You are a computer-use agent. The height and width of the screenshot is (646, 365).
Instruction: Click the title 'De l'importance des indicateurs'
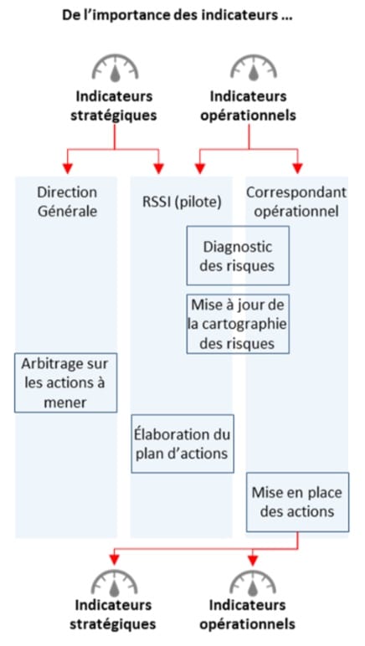click(177, 15)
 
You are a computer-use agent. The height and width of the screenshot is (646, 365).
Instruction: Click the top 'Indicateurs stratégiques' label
click(114, 105)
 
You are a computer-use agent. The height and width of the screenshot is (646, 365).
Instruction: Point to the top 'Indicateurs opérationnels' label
click(248, 105)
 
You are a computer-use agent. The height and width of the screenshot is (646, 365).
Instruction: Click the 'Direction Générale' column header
click(67, 202)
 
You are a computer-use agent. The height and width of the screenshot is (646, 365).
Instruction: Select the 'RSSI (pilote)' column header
click(182, 202)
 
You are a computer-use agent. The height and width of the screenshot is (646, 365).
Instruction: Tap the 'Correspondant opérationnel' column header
click(296, 202)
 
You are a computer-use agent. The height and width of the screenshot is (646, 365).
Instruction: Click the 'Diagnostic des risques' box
click(238, 255)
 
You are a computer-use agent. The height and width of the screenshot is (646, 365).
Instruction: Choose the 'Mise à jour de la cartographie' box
click(238, 324)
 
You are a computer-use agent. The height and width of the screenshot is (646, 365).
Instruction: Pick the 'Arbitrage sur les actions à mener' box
click(65, 382)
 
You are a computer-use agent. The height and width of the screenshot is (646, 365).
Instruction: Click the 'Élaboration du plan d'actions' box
click(182, 443)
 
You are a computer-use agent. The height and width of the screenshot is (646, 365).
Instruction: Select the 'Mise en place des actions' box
click(297, 502)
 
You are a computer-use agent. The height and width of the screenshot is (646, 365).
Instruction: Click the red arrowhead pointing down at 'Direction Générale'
click(68, 168)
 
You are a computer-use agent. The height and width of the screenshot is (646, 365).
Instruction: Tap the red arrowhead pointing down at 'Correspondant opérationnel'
click(297, 168)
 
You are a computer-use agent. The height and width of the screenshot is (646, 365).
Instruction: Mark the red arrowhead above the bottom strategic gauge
click(114, 561)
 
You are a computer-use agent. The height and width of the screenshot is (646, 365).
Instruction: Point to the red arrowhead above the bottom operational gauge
click(253, 561)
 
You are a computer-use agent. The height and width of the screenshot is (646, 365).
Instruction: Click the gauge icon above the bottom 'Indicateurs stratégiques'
click(114, 582)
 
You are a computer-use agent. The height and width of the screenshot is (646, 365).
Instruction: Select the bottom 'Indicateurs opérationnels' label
click(247, 614)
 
